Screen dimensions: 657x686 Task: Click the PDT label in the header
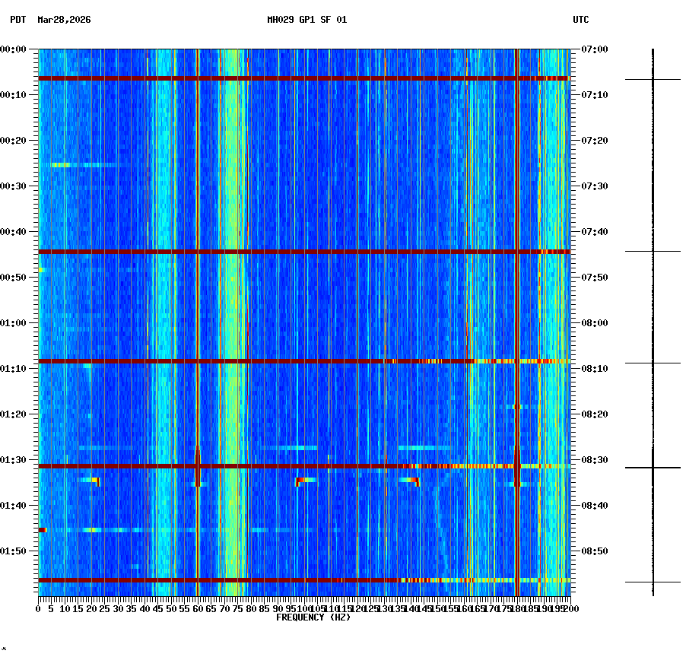(x=17, y=20)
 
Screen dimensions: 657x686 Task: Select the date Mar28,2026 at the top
(x=64, y=20)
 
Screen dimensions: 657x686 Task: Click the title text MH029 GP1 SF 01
(x=306, y=20)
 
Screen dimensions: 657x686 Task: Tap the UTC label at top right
(x=580, y=20)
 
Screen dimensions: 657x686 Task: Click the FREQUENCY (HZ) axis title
(x=313, y=617)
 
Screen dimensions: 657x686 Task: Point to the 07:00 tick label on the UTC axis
(x=595, y=49)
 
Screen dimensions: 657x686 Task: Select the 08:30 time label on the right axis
(x=595, y=460)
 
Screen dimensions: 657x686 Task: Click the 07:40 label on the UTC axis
(x=595, y=232)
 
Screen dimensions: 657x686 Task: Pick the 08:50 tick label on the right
(x=595, y=551)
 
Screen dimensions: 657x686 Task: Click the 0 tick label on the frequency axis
(x=39, y=609)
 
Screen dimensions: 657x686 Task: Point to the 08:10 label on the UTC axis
(x=595, y=369)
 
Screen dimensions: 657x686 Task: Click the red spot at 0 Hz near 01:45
(x=42, y=529)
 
